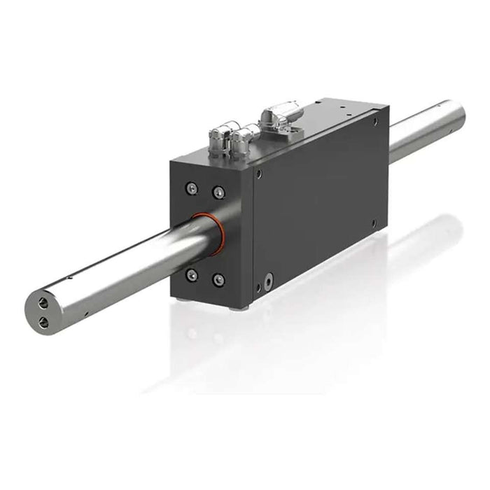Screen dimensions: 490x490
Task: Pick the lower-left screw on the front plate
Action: click(x=191, y=275)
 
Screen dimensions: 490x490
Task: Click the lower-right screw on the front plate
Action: click(x=218, y=280)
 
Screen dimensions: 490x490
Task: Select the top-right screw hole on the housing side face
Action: click(x=376, y=122)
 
